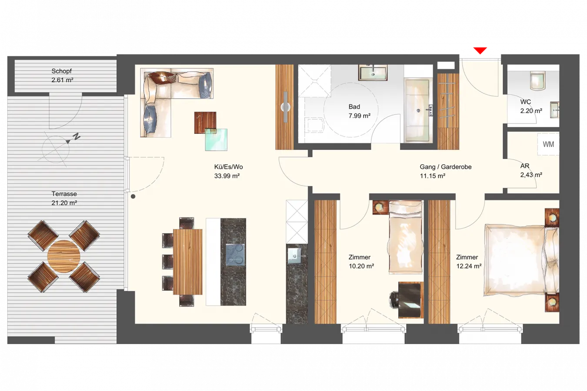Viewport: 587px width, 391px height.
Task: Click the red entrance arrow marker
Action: point(480,50)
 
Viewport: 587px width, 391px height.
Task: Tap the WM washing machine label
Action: point(548,144)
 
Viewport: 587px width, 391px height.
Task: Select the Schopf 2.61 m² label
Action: point(62,76)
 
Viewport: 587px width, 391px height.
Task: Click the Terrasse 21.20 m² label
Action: point(64,198)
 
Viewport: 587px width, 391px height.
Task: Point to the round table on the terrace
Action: point(63,256)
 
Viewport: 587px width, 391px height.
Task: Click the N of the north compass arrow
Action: point(77,136)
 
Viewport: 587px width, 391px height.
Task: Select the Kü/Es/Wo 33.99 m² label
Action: point(228,171)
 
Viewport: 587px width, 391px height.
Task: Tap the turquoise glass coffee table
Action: point(216,139)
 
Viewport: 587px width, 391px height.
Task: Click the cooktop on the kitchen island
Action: point(235,255)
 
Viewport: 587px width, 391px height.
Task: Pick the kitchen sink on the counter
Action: point(295,255)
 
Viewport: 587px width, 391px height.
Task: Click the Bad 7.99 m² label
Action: point(359,111)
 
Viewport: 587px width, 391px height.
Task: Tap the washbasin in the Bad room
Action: point(373,73)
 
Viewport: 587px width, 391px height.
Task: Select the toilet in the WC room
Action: point(537,80)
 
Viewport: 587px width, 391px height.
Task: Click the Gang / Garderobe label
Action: point(446,167)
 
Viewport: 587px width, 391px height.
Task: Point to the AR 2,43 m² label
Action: point(531,170)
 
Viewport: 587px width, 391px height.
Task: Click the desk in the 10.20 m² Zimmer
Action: point(410,300)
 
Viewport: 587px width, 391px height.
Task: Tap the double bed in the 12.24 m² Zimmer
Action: point(521,260)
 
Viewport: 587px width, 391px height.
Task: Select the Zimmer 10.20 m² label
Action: point(361,262)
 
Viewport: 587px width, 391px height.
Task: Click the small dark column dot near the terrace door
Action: point(133,196)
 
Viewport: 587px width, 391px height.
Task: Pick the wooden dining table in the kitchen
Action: point(188,262)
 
